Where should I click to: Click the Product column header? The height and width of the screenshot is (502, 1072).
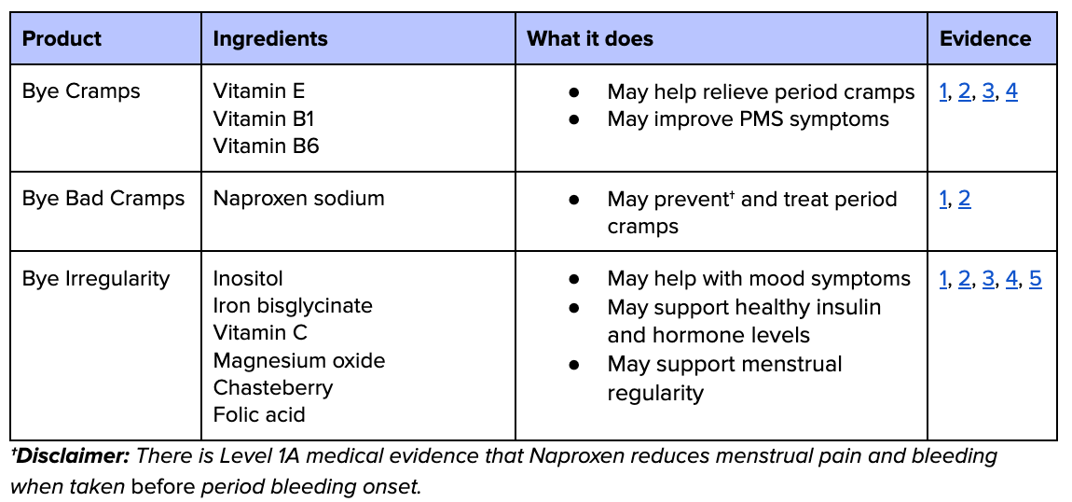(x=62, y=39)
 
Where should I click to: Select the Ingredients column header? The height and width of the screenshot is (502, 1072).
(x=270, y=39)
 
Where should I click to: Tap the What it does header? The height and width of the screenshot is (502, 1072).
(x=590, y=39)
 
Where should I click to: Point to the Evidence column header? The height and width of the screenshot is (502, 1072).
(x=985, y=39)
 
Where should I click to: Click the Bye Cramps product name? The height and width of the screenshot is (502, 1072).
(x=81, y=91)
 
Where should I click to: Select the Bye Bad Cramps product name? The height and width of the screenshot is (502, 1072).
(x=103, y=199)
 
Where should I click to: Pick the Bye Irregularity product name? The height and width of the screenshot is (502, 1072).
(x=96, y=279)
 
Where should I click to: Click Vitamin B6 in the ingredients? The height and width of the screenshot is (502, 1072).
(x=266, y=146)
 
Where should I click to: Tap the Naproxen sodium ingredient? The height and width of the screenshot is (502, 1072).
(x=298, y=199)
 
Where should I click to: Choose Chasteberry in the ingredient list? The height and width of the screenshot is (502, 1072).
(x=272, y=388)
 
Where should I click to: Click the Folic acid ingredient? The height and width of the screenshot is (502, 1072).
(x=259, y=415)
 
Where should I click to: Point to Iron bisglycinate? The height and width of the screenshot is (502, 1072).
(x=293, y=306)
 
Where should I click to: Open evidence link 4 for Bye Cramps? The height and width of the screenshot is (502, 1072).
(x=1011, y=91)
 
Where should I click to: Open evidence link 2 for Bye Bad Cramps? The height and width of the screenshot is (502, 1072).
(x=964, y=199)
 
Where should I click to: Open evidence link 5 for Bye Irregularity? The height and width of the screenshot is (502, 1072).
(x=1036, y=279)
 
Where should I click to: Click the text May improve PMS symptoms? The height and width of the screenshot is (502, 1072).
(x=748, y=119)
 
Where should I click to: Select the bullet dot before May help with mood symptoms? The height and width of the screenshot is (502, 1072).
(x=574, y=279)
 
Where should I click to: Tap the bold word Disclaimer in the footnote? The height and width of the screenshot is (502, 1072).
(x=72, y=457)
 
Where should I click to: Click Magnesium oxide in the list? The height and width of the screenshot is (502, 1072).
(x=298, y=361)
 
